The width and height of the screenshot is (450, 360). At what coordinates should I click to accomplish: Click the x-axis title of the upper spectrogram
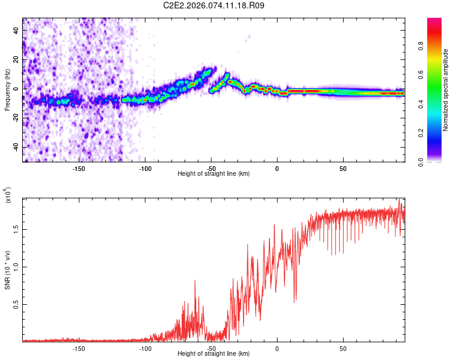(214, 173)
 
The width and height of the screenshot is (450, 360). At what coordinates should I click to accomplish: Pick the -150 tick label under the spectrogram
(79, 169)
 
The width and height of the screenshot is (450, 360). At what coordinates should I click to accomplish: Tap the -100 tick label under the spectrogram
(145, 169)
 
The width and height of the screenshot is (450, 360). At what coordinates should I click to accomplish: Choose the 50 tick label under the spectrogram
(343, 169)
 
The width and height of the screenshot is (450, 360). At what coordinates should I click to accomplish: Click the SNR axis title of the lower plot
(8, 270)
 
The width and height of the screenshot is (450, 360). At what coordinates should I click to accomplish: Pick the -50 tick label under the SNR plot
(211, 348)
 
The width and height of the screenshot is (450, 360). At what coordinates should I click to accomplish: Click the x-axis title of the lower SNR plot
(214, 353)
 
